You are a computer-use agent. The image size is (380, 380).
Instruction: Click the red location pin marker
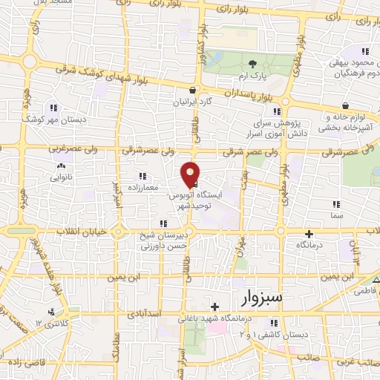point(191,174)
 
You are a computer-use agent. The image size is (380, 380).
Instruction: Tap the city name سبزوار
point(263,298)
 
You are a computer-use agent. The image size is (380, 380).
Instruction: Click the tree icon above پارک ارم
point(253,65)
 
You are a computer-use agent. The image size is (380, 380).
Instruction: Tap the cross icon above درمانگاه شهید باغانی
point(214,307)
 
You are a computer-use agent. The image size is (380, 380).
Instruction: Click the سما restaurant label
point(336,215)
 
